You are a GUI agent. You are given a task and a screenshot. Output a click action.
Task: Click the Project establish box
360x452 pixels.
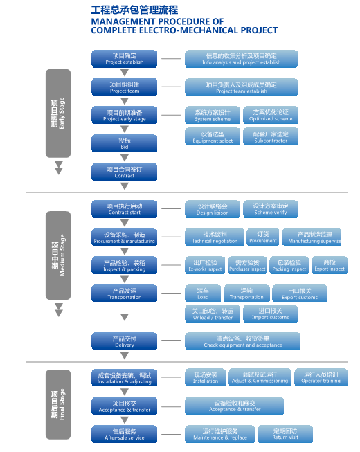tap(125, 58)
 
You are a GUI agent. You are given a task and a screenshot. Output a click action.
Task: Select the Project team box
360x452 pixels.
tap(125, 87)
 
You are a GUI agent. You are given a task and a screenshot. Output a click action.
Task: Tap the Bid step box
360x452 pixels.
tap(125, 143)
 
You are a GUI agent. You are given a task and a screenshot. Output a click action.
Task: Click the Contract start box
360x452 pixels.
tap(125, 208)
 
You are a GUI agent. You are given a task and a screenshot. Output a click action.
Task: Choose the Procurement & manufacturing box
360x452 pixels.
tap(125, 237)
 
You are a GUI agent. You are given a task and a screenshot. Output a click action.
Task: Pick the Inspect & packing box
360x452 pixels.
tap(125, 265)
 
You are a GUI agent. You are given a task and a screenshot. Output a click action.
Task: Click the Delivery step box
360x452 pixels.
tap(125, 341)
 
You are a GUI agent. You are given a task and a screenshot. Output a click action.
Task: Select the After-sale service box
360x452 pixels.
tap(125, 434)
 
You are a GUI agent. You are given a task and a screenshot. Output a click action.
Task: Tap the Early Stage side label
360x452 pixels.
tap(58, 113)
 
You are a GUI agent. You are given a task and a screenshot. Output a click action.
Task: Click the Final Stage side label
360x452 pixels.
tap(58, 405)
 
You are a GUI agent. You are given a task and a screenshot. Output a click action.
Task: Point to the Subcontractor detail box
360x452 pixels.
tap(271, 136)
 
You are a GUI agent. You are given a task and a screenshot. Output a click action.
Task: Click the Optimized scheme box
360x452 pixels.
tap(271, 115)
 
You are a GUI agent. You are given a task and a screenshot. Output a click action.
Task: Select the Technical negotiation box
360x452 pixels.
tap(215, 237)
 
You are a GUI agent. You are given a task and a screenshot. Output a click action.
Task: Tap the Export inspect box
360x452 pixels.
tap(330, 265)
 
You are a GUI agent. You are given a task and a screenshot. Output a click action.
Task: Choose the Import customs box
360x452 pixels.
tap(270, 314)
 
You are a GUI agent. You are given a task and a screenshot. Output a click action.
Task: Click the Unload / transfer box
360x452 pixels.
tap(213, 314)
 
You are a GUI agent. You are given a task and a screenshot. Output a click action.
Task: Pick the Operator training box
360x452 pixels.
tap(321, 377)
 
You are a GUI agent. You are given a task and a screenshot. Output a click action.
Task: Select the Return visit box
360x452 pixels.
tap(285, 434)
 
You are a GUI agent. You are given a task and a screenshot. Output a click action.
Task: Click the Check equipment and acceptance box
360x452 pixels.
tap(242, 341)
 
